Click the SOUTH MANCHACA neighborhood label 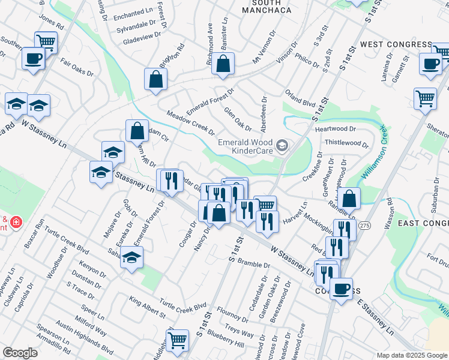[x=266, y=7]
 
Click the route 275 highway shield [x=364, y=225]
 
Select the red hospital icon [x=15, y=223]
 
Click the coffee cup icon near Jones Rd [x=33, y=59]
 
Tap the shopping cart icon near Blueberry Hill [x=178, y=340]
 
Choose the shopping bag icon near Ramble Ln [x=349, y=197]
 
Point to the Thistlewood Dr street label [x=346, y=143]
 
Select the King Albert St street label [x=147, y=305]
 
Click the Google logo [x=20, y=353]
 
